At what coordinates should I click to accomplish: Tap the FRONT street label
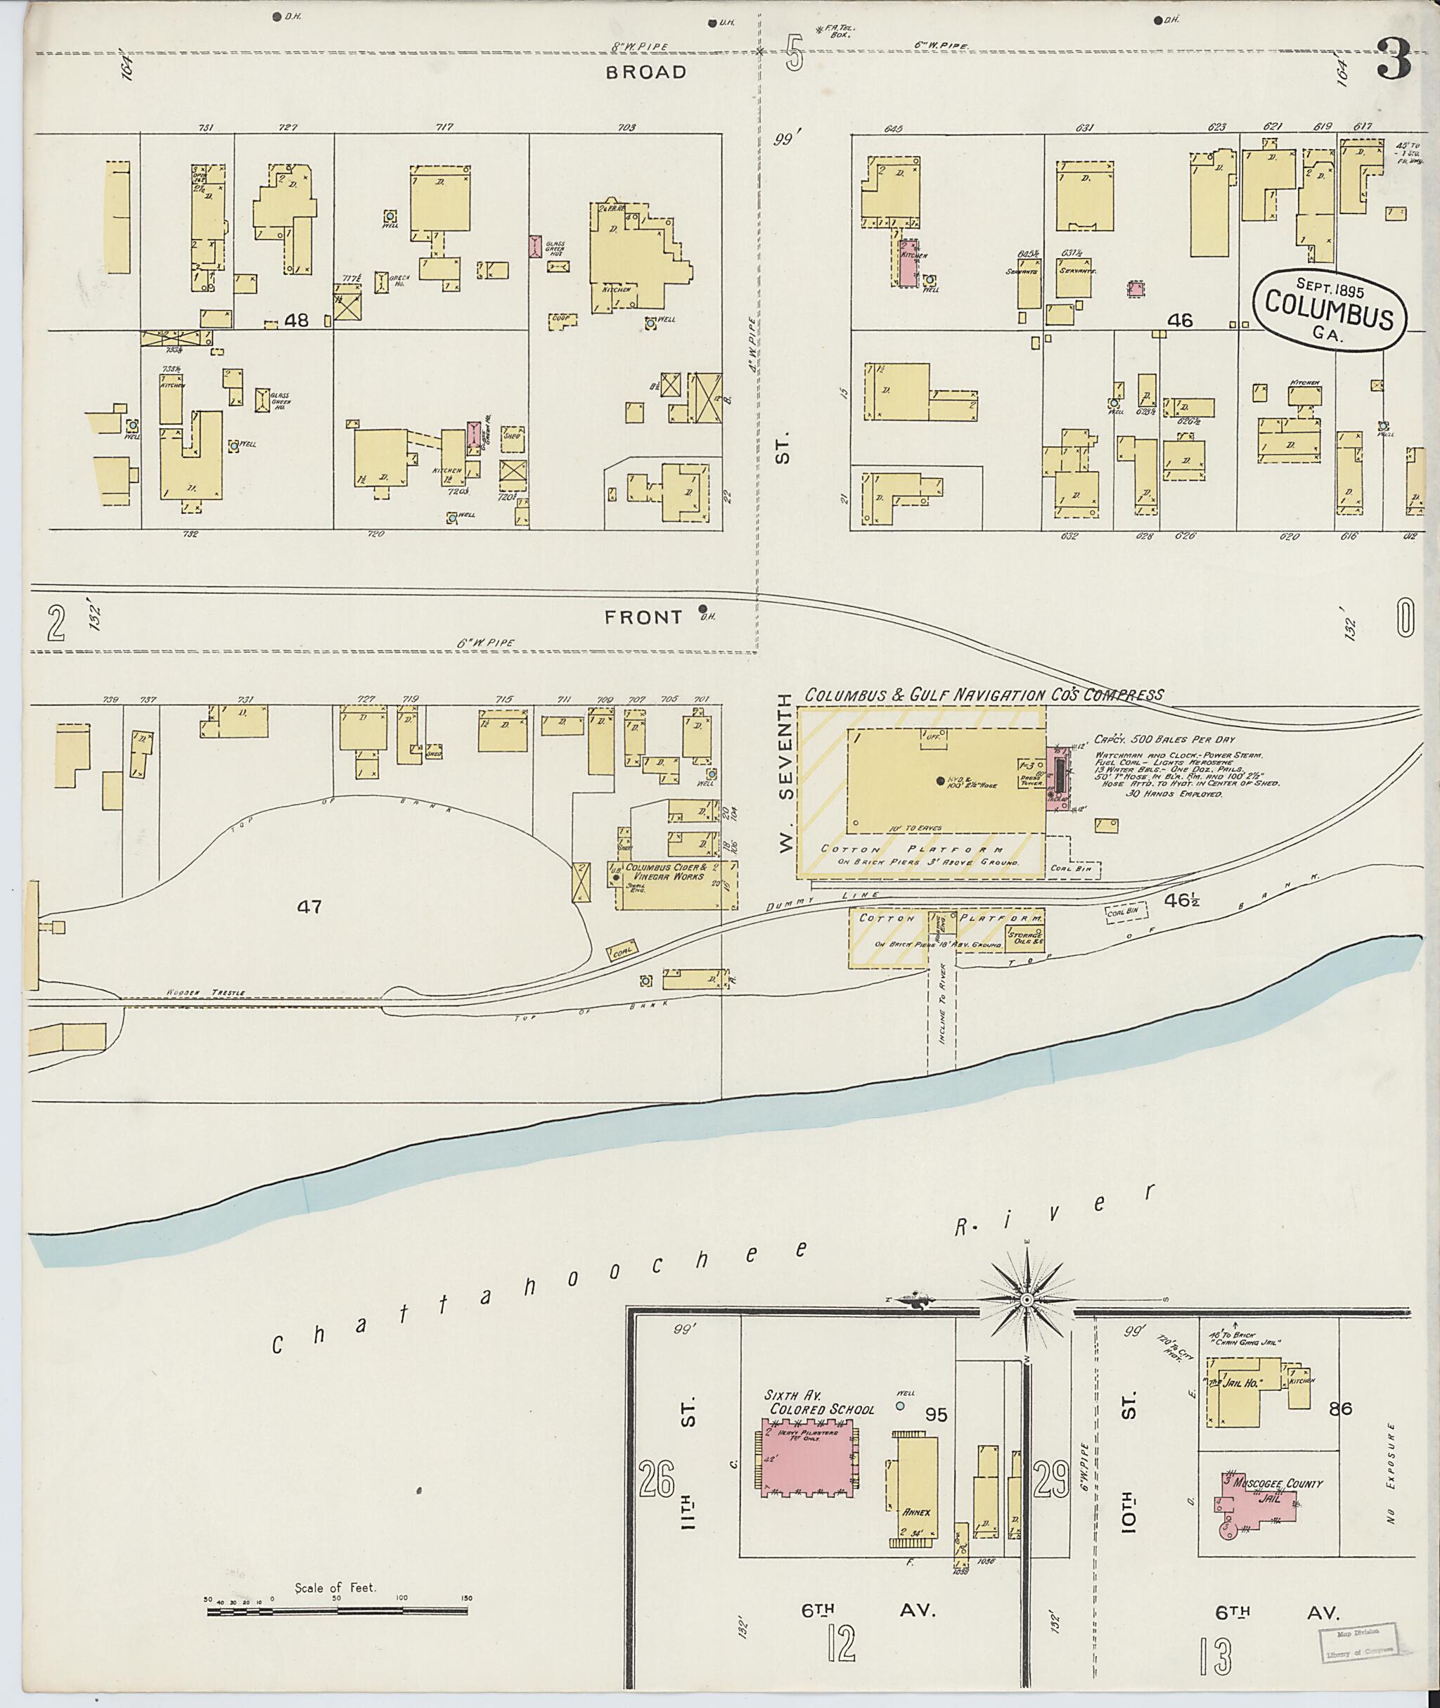643,617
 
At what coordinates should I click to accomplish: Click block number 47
310,906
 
